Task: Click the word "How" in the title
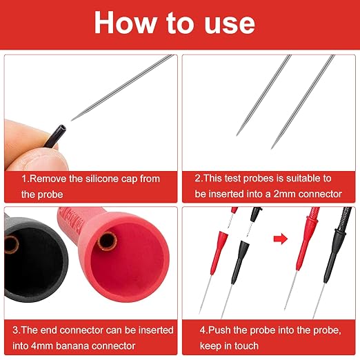(125, 22)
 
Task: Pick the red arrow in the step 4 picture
(281, 239)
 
